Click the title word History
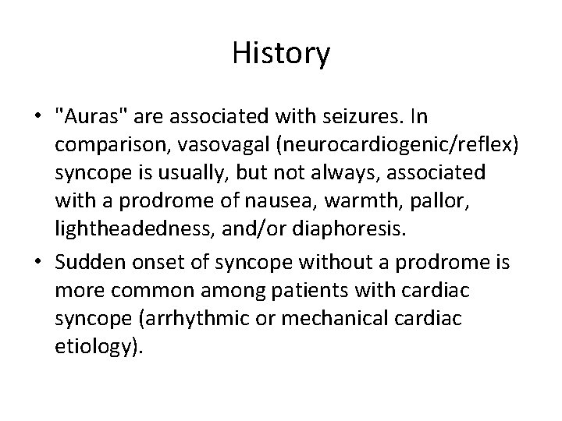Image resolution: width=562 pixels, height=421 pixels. click(281, 55)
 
